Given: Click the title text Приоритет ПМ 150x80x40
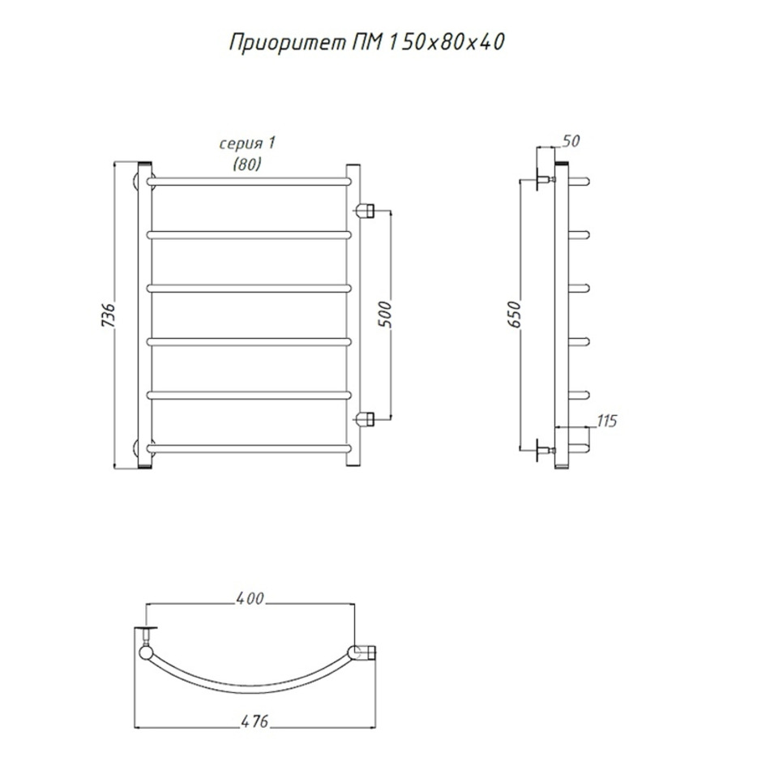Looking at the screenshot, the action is (x=367, y=43).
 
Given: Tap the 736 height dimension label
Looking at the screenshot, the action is (x=108, y=315).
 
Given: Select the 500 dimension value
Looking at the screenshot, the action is (x=386, y=314).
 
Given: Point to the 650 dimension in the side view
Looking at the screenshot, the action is (x=513, y=314).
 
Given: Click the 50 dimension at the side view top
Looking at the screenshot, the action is (x=571, y=141).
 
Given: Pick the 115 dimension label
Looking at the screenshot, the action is (x=606, y=421).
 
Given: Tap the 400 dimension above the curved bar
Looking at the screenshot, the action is (x=250, y=599).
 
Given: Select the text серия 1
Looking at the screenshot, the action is (x=247, y=143).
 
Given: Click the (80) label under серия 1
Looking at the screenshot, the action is (x=247, y=164).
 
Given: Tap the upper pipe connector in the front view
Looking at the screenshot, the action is (x=365, y=212).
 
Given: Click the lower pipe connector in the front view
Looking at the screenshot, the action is (x=365, y=419).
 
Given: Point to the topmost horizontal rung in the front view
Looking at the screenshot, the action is (x=249, y=182).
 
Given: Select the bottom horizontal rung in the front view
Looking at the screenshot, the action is (x=249, y=448).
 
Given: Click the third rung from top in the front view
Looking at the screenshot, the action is (x=249, y=289).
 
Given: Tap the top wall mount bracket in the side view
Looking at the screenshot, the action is (x=544, y=180).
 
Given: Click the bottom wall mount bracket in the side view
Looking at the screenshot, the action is (x=544, y=451).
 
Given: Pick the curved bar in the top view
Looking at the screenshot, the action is (x=250, y=686).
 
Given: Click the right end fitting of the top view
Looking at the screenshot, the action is (x=363, y=653).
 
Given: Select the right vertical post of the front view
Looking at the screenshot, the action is (x=353, y=315).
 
